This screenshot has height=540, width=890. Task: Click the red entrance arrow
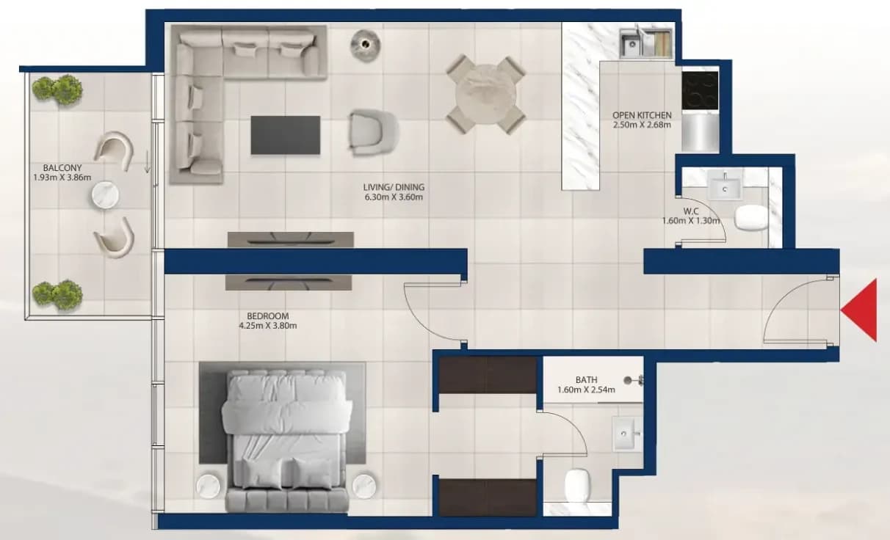[862, 310]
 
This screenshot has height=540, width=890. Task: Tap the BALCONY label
[62, 168]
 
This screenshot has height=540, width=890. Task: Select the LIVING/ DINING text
[394, 187]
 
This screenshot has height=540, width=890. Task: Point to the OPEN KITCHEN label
[642, 115]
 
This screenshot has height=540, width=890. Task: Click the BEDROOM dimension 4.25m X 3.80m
[268, 326]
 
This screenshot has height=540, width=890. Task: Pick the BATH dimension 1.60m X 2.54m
[586, 390]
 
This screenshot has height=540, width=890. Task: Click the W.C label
[691, 211]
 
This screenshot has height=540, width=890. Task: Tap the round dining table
[486, 95]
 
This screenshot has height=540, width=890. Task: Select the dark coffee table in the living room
[285, 135]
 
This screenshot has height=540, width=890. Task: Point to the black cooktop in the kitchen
[700, 90]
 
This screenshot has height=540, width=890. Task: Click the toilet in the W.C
[750, 216]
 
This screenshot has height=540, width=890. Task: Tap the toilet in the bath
[577, 485]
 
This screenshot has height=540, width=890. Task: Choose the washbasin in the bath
[627, 434]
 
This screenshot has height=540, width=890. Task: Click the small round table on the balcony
[105, 194]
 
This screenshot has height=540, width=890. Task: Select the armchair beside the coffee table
[372, 133]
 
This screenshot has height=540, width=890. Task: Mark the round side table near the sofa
[365, 45]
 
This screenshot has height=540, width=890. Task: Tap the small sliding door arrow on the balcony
[148, 162]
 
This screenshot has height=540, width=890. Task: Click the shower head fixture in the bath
[633, 380]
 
